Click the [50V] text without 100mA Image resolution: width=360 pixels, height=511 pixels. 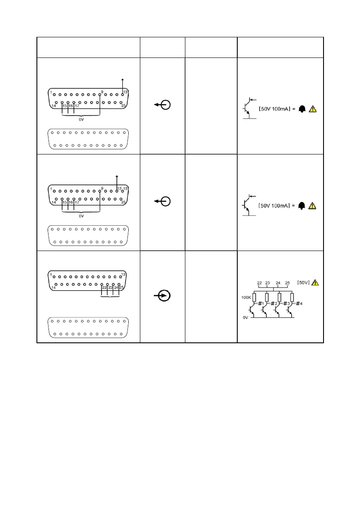pyautogui.click(x=304, y=283)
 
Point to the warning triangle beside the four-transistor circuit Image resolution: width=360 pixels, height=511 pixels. pyautogui.click(x=315, y=282)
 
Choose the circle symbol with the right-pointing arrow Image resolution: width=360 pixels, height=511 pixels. pyautogui.click(x=163, y=296)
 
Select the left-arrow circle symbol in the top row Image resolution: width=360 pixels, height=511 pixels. pyautogui.click(x=163, y=105)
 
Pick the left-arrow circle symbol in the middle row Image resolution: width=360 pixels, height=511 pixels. pyautogui.click(x=163, y=201)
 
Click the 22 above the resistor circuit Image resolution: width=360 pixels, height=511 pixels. pyautogui.click(x=259, y=283)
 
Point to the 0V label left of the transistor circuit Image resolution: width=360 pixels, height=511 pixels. pyautogui.click(x=246, y=318)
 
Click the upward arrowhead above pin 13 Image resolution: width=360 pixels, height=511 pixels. pyautogui.click(x=123, y=80)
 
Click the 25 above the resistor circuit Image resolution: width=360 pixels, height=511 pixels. pyautogui.click(x=287, y=283)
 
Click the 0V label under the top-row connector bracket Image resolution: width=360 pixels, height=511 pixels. pyautogui.click(x=82, y=120)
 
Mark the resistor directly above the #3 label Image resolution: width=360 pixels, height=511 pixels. pyautogui.click(x=280, y=297)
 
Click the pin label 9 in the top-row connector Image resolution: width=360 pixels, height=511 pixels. pyautogui.click(x=102, y=92)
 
